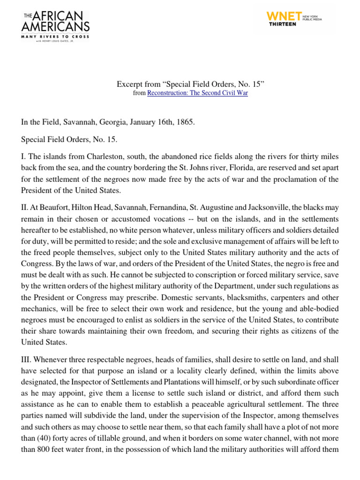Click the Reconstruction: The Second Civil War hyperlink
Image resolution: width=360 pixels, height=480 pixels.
197,93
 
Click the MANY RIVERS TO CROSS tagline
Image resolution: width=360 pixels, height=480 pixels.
55,36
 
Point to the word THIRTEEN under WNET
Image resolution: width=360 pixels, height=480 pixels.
282,24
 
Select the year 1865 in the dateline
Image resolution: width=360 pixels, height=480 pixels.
185,122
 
